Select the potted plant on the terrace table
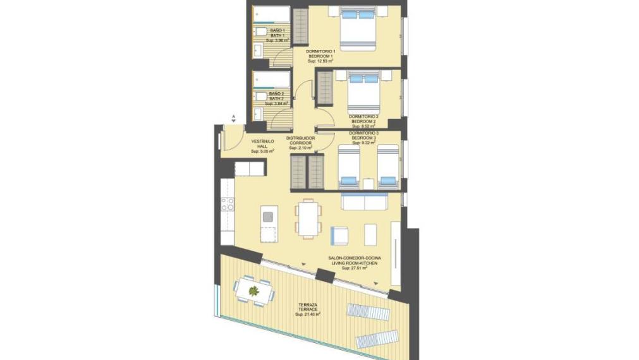click(x=254, y=291)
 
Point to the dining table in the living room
click(x=308, y=217)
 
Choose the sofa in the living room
click(x=365, y=201)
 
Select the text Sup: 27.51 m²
click(x=355, y=268)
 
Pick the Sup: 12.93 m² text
click(x=320, y=61)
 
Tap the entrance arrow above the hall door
click(x=233, y=117)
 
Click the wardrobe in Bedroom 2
click(x=324, y=88)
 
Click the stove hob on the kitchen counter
click(x=227, y=205)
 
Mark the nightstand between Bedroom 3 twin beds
click(x=368, y=183)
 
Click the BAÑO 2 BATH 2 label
click(x=277, y=96)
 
